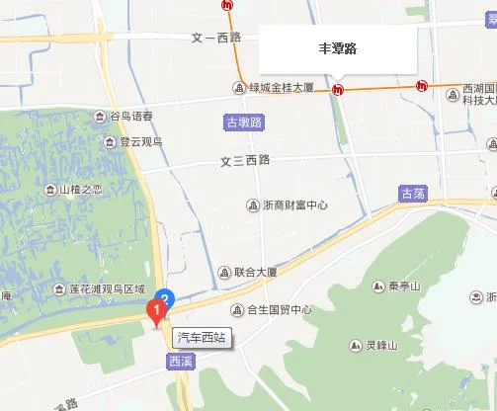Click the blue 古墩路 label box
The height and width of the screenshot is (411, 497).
coord(243,123)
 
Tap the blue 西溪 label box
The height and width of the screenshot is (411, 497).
coord(181,362)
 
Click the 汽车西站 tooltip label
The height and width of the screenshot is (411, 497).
coord(201,337)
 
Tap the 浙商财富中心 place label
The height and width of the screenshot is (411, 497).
coord(294,205)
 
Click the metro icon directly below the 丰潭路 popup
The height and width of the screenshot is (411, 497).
coord(339,90)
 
